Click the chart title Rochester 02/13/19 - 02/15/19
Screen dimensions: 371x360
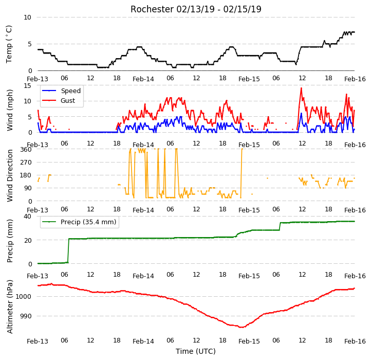point(196,9)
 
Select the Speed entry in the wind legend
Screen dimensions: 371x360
point(61,91)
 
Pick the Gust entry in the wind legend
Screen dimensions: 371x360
point(59,101)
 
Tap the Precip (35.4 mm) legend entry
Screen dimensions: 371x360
point(79,222)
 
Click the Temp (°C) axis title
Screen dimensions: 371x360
point(9,44)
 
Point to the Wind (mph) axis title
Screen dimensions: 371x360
point(10,110)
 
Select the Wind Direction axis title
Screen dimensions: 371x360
point(10,175)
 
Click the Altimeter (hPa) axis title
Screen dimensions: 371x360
point(10,307)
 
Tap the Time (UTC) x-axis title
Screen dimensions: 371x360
point(196,351)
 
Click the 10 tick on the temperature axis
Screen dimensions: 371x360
point(27,17)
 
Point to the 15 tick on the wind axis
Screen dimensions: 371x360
point(27,85)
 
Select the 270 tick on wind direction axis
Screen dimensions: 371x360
point(26,163)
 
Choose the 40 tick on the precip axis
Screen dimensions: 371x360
point(27,216)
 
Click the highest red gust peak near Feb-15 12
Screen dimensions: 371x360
point(301,88)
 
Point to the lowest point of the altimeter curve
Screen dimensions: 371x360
point(242,327)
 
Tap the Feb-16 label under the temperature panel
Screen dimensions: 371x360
point(355,79)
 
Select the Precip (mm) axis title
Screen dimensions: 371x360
point(10,241)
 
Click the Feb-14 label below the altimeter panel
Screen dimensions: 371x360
point(143,341)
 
